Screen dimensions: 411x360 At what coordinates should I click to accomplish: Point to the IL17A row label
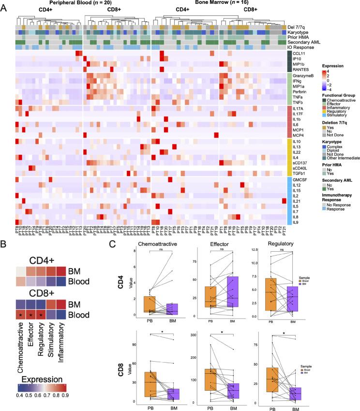[296, 108]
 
